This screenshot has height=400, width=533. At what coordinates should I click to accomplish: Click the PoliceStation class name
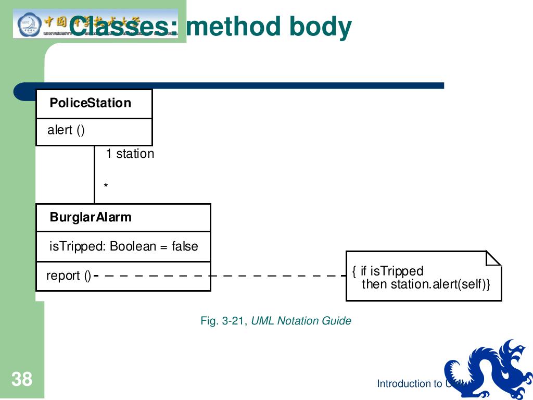[x=90, y=103]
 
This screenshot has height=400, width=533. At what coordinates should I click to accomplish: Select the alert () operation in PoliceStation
[x=66, y=130]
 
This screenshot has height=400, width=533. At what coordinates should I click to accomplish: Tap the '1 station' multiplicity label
[x=130, y=154]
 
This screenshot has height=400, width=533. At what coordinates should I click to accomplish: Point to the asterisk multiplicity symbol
[x=106, y=186]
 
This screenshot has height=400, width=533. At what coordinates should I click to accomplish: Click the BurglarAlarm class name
[x=91, y=217]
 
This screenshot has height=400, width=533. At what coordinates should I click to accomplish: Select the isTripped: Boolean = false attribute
[x=123, y=246]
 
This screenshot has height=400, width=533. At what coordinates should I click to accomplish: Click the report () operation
[x=68, y=276]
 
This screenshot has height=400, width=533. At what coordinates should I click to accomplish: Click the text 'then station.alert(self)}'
[x=426, y=284]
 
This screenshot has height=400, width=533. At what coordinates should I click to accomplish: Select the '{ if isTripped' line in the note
[x=388, y=271]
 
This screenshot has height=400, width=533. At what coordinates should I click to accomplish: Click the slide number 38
[x=22, y=379]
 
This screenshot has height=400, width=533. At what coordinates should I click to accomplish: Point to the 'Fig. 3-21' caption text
[x=223, y=321]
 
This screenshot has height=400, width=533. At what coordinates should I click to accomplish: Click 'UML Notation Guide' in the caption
[x=301, y=321]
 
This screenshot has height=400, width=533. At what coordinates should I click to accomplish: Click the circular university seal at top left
[x=27, y=24]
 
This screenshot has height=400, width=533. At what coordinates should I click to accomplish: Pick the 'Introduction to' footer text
[x=410, y=384]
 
